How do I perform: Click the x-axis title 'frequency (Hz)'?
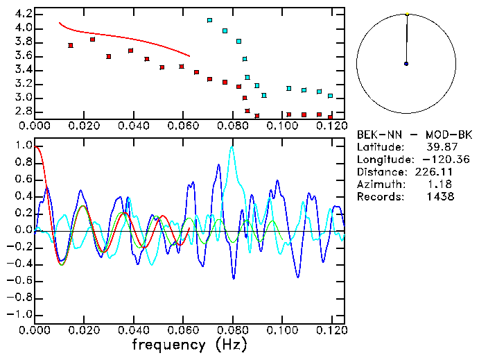(x=190, y=344)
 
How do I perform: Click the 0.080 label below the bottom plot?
(x=232, y=330)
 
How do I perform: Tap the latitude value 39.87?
(x=439, y=146)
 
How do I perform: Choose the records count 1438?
(x=441, y=196)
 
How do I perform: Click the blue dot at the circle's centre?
(x=406, y=64)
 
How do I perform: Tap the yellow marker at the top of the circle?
(x=407, y=13)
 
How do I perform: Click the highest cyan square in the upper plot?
(x=210, y=21)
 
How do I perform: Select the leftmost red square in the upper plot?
(x=71, y=46)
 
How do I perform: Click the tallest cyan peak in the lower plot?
(x=232, y=146)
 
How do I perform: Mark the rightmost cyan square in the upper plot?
(x=331, y=96)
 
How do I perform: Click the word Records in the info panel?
(x=378, y=196)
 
